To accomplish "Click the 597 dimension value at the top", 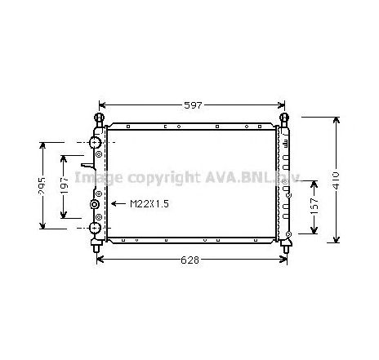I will (x=192, y=105).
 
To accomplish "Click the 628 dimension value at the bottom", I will (x=192, y=260).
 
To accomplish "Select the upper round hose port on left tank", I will (x=95, y=143).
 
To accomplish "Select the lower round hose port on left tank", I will (x=95, y=228).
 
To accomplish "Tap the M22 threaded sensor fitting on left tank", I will (x=95, y=204).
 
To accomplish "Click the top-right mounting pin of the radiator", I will (x=285, y=119).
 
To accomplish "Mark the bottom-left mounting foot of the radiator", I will (x=97, y=242).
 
